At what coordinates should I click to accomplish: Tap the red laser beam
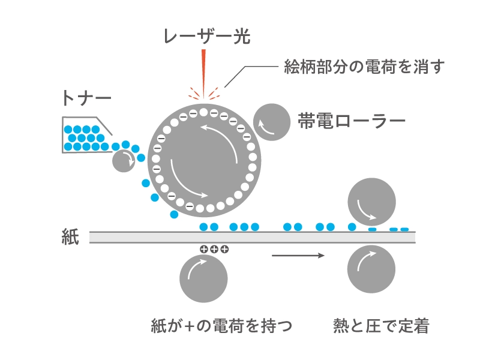[204, 72]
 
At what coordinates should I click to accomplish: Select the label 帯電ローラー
[352, 121]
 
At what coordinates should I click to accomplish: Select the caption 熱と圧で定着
[381, 326]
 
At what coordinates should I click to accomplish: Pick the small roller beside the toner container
[124, 160]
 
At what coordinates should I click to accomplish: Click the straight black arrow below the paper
[298, 256]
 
